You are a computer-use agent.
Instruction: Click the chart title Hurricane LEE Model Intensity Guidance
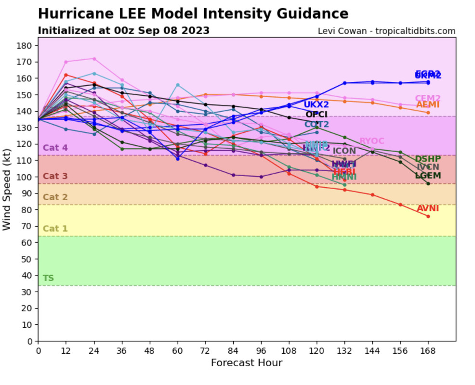pyautogui.click(x=193, y=13)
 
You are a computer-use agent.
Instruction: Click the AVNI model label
pyautogui.click(x=428, y=208)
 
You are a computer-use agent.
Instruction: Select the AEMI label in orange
pyautogui.click(x=428, y=105)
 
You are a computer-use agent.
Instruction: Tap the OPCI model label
pyautogui.click(x=317, y=115)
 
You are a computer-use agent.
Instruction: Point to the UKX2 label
pyautogui.click(x=316, y=105)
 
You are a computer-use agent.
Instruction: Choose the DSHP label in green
pyautogui.click(x=428, y=159)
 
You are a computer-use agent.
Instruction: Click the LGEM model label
pyautogui.click(x=428, y=176)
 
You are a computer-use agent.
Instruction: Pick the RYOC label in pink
pyautogui.click(x=372, y=141)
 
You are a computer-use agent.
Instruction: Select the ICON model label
pyautogui.click(x=344, y=151)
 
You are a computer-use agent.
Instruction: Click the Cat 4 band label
pyautogui.click(x=55, y=148)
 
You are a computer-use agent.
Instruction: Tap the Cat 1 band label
pyautogui.click(x=55, y=229)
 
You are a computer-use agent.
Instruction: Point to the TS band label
pyautogui.click(x=48, y=278)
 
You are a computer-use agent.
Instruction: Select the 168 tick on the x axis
pyautogui.click(x=428, y=350)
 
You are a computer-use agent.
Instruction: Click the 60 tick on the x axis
pyautogui.click(x=178, y=350)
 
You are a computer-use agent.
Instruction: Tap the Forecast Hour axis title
pyautogui.click(x=247, y=363)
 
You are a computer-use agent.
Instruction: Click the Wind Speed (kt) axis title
pyautogui.click(x=7, y=192)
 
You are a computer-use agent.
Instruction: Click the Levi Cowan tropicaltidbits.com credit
pyautogui.click(x=386, y=31)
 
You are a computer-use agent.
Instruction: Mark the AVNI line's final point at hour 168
pyautogui.click(x=428, y=216)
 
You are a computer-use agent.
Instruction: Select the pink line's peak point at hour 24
pyautogui.click(x=94, y=59)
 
